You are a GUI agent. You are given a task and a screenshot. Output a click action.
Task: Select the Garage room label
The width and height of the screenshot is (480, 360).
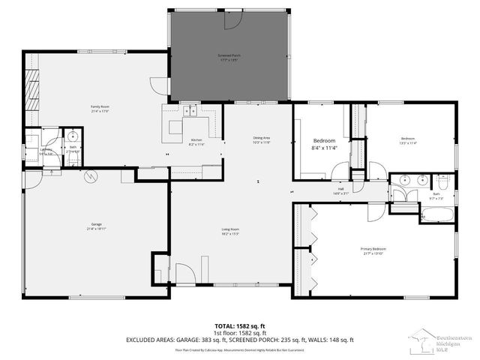point(96,226)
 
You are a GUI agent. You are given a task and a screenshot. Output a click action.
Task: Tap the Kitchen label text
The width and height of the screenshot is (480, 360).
point(196,142)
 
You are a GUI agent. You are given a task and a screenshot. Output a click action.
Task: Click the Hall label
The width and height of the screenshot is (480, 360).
point(340,190)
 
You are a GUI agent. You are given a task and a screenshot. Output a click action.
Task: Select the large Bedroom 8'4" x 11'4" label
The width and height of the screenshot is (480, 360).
point(324,144)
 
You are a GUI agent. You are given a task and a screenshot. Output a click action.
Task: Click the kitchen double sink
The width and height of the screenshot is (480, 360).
point(191,112)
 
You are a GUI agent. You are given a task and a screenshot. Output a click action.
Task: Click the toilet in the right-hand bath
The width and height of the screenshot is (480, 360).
point(442,181)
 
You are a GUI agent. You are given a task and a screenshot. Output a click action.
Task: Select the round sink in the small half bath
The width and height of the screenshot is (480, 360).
point(73,135)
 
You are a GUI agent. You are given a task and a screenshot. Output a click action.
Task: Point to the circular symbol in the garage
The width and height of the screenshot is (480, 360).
point(91,177)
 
